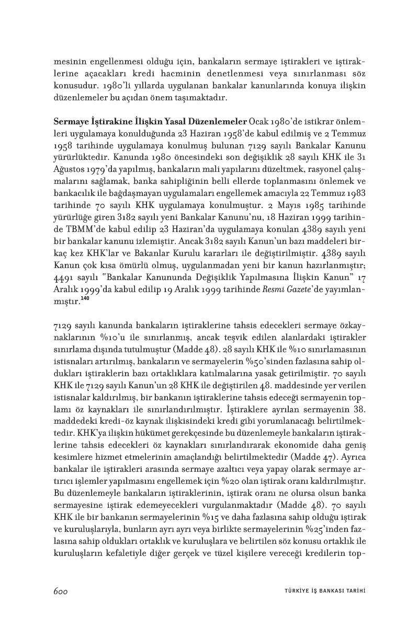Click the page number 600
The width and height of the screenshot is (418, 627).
point(61,590)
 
